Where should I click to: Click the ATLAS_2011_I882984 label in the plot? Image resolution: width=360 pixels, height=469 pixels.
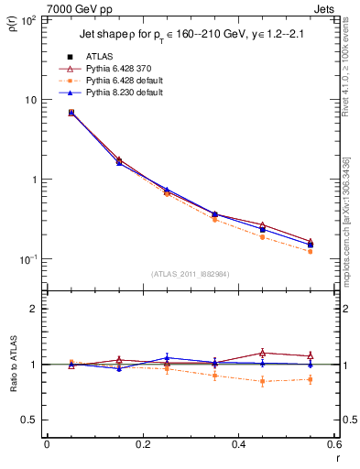coord(191,274)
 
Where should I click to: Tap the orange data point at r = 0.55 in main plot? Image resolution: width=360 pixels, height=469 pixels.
coord(311,251)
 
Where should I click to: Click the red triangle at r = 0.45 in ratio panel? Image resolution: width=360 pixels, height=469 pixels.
coord(263,353)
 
